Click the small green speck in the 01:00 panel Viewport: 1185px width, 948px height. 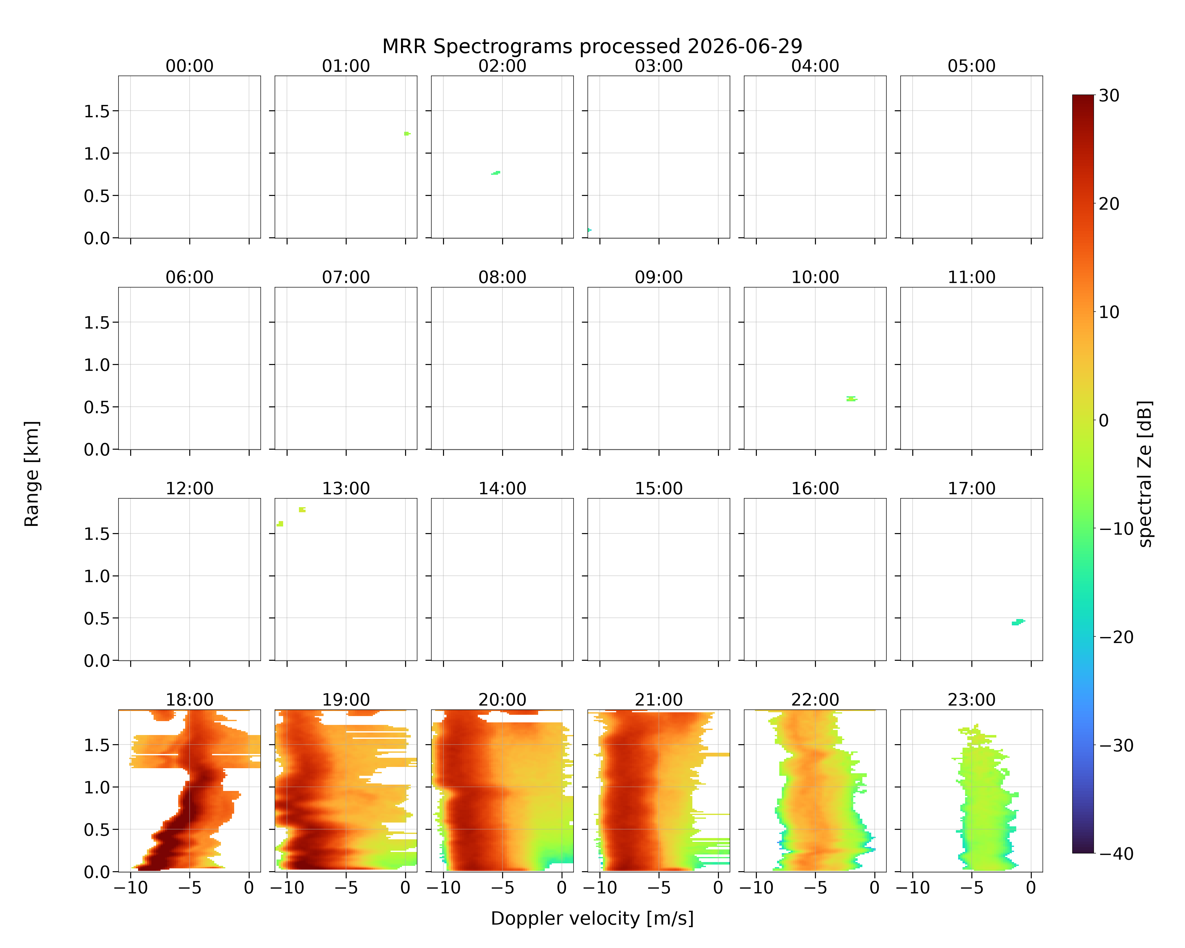tap(407, 134)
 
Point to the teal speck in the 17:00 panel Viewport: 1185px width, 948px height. tap(1018, 622)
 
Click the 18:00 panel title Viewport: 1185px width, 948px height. tap(190, 700)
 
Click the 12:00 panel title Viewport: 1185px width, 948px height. tap(190, 489)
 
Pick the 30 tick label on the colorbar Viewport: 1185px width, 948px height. tap(1109, 96)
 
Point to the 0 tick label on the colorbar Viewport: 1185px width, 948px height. tap(1104, 420)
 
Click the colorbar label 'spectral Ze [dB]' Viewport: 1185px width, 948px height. tap(1145, 474)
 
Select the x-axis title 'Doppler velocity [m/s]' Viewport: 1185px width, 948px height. tap(592, 918)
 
